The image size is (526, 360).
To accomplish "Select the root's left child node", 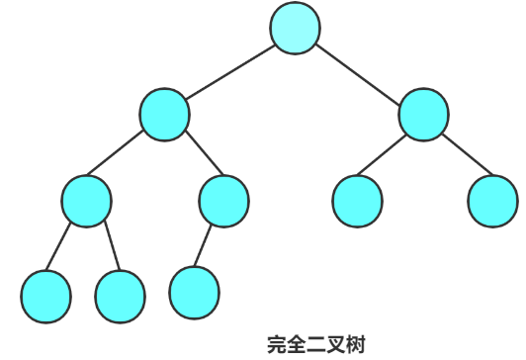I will (x=164, y=114).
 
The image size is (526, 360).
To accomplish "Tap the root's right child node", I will (x=424, y=114).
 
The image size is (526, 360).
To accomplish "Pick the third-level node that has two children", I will (x=86, y=201).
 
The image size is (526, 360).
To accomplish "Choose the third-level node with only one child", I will (x=223, y=201).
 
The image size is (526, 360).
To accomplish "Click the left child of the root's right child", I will (x=357, y=201).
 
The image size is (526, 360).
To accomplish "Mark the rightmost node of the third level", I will (x=492, y=201).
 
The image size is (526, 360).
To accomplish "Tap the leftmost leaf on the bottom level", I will (x=45, y=293).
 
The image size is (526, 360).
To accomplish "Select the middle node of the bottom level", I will (x=121, y=293).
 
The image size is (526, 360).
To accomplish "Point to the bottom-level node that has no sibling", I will (x=194, y=290).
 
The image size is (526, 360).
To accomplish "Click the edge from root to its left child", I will (x=229, y=71).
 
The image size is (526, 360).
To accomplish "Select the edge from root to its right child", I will (x=360, y=71).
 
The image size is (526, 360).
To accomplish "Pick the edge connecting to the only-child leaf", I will (x=208, y=246).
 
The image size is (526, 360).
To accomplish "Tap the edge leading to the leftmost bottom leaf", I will (x=65, y=247).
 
